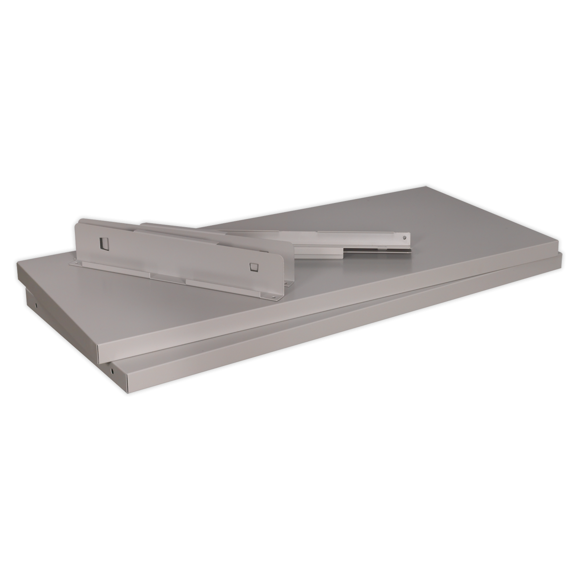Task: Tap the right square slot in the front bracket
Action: click(255, 265)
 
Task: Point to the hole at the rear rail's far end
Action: click(404, 237)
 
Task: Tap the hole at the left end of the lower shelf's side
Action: click(37, 305)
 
